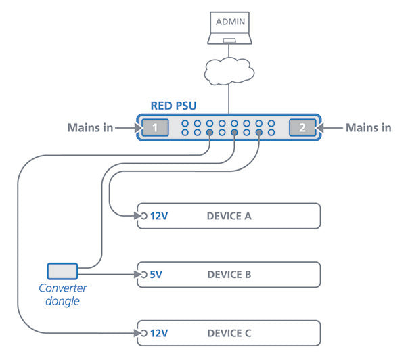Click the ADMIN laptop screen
(x=229, y=22)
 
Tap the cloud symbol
(x=229, y=71)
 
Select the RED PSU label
(x=173, y=106)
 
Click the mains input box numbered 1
(x=155, y=127)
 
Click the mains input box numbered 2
(x=302, y=127)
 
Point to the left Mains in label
(x=90, y=128)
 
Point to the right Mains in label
(x=369, y=128)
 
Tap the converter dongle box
(x=62, y=271)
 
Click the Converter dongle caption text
(x=63, y=295)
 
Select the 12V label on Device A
(x=159, y=216)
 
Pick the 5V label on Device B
(x=156, y=275)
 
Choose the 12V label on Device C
(x=159, y=333)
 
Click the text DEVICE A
(x=229, y=216)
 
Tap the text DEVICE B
(x=229, y=275)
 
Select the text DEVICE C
(x=229, y=333)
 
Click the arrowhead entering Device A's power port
(x=138, y=216)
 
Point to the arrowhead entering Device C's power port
(x=138, y=333)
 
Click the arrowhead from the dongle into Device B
(x=138, y=274)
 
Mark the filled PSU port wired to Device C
(x=210, y=133)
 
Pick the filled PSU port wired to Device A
(x=259, y=133)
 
